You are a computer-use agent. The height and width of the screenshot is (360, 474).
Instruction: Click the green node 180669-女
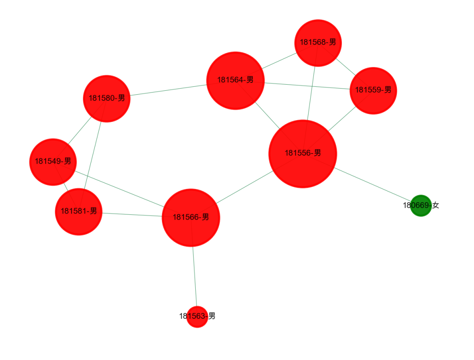tap(420, 206)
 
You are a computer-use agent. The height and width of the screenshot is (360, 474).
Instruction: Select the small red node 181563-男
tap(197, 317)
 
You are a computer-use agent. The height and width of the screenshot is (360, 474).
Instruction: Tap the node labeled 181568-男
tap(318, 43)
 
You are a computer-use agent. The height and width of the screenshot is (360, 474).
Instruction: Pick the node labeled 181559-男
tap(373, 90)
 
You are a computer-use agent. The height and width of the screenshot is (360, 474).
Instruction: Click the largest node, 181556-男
tap(302, 153)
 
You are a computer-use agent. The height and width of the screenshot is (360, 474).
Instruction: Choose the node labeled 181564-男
tap(235, 80)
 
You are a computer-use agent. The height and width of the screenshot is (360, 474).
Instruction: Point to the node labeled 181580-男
tap(106, 99)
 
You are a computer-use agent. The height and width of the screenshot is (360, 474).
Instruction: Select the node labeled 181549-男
tap(53, 162)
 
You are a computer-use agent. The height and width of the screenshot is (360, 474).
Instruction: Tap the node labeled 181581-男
tap(79, 212)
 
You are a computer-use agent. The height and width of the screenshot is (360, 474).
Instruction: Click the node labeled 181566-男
tap(190, 217)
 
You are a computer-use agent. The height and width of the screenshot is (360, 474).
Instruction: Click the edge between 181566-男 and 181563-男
tap(194, 276)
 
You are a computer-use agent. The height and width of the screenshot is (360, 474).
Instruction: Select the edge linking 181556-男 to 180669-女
tap(373, 184)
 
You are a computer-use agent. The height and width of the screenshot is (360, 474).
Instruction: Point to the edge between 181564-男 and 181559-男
tap(307, 86)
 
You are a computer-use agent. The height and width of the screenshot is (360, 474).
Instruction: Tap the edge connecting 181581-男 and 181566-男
tap(132, 214)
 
